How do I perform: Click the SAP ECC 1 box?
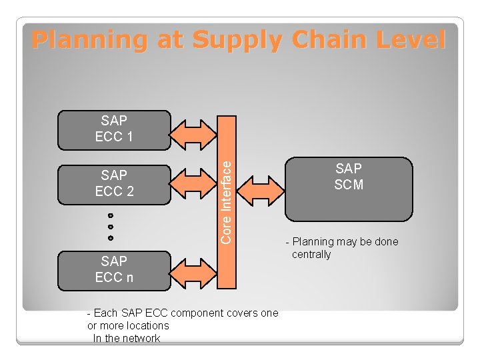click(x=114, y=129)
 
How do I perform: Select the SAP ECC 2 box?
click(x=114, y=183)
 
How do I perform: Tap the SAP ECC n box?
click(x=114, y=270)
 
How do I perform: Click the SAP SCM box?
click(x=349, y=188)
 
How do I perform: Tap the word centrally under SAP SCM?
click(x=311, y=254)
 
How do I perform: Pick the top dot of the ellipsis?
click(x=111, y=216)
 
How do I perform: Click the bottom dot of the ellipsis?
click(x=111, y=237)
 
